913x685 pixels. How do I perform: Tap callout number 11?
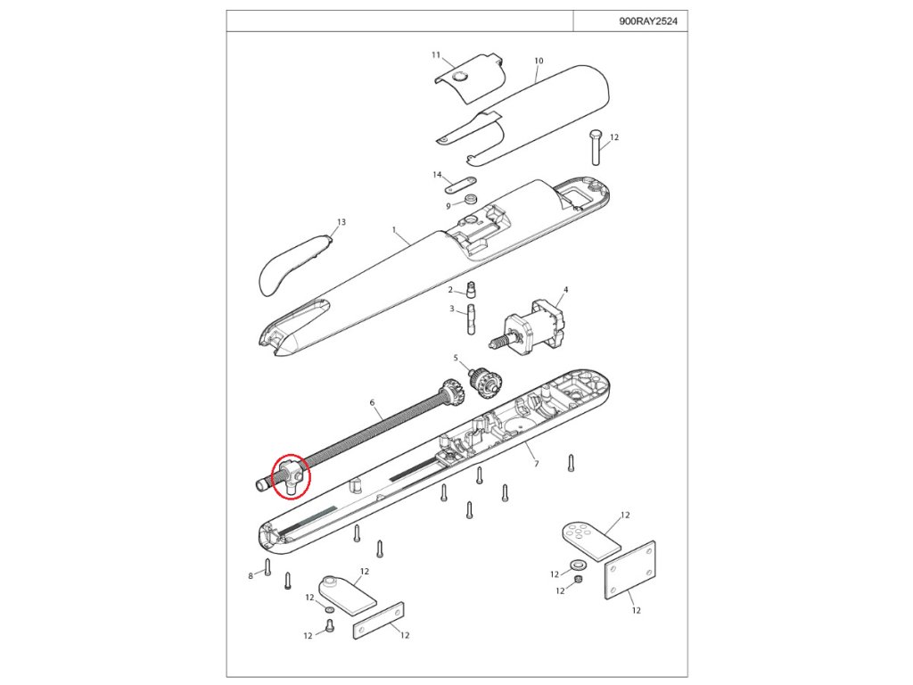pos(436,55)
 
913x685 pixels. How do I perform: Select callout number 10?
pos(539,61)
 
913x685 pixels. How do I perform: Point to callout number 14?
pos(438,174)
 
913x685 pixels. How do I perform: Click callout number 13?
pos(341,222)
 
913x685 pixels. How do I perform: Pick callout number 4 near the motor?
pos(565,290)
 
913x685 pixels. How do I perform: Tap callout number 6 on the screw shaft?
pos(372,402)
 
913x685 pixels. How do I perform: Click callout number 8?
pos(251,576)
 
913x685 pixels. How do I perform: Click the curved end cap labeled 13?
pos(290,263)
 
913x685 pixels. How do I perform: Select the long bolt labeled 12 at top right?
pos(595,147)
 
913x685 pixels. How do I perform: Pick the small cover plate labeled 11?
pos(464,79)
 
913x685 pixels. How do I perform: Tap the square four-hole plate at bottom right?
pos(630,569)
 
